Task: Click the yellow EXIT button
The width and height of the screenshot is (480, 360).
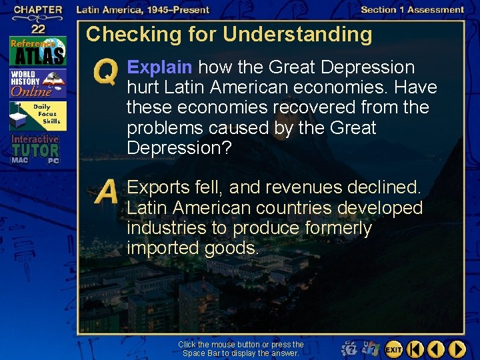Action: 393,349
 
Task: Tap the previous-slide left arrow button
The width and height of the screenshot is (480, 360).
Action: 435,349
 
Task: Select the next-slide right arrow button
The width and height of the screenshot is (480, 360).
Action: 457,349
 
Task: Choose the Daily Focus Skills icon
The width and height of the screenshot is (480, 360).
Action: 38,116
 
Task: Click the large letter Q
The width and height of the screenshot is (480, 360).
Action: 107,72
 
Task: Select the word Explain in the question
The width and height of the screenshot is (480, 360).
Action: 160,68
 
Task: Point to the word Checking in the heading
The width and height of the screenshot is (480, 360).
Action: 127,35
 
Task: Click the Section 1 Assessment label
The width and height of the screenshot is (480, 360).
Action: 412,10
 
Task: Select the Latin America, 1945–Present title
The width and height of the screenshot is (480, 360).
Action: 143,10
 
